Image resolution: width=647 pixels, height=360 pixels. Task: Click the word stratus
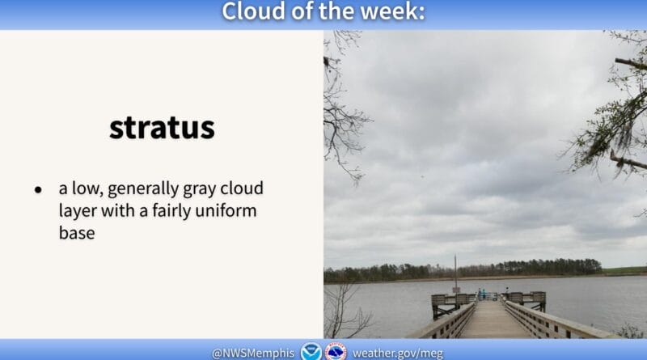(163, 128)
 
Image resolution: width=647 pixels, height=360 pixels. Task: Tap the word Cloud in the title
(254, 11)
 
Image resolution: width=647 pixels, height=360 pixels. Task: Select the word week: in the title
(392, 11)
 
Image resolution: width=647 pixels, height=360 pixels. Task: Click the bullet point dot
(38, 190)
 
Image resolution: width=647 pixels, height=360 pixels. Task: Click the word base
(77, 233)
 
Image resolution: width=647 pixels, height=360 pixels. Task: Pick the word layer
(78, 211)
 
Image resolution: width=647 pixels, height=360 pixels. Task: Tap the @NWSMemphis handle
(253, 354)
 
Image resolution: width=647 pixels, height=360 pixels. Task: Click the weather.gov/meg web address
(398, 354)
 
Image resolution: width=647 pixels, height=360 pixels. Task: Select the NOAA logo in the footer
(311, 351)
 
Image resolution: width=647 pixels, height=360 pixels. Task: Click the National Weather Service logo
(336, 351)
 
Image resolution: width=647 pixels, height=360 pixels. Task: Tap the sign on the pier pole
(456, 290)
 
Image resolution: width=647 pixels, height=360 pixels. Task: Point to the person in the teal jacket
(484, 294)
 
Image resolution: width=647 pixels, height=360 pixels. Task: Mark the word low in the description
(87, 188)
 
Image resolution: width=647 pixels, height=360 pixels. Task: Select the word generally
(143, 189)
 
